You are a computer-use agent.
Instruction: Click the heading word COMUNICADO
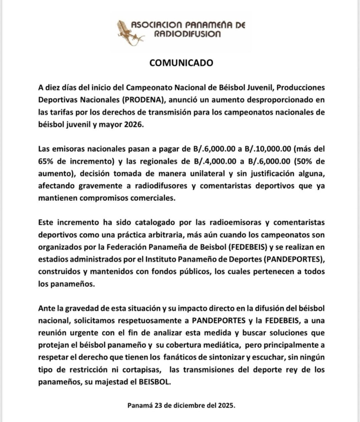tap(181, 63)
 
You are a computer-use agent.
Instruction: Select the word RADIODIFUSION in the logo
tap(187, 34)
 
